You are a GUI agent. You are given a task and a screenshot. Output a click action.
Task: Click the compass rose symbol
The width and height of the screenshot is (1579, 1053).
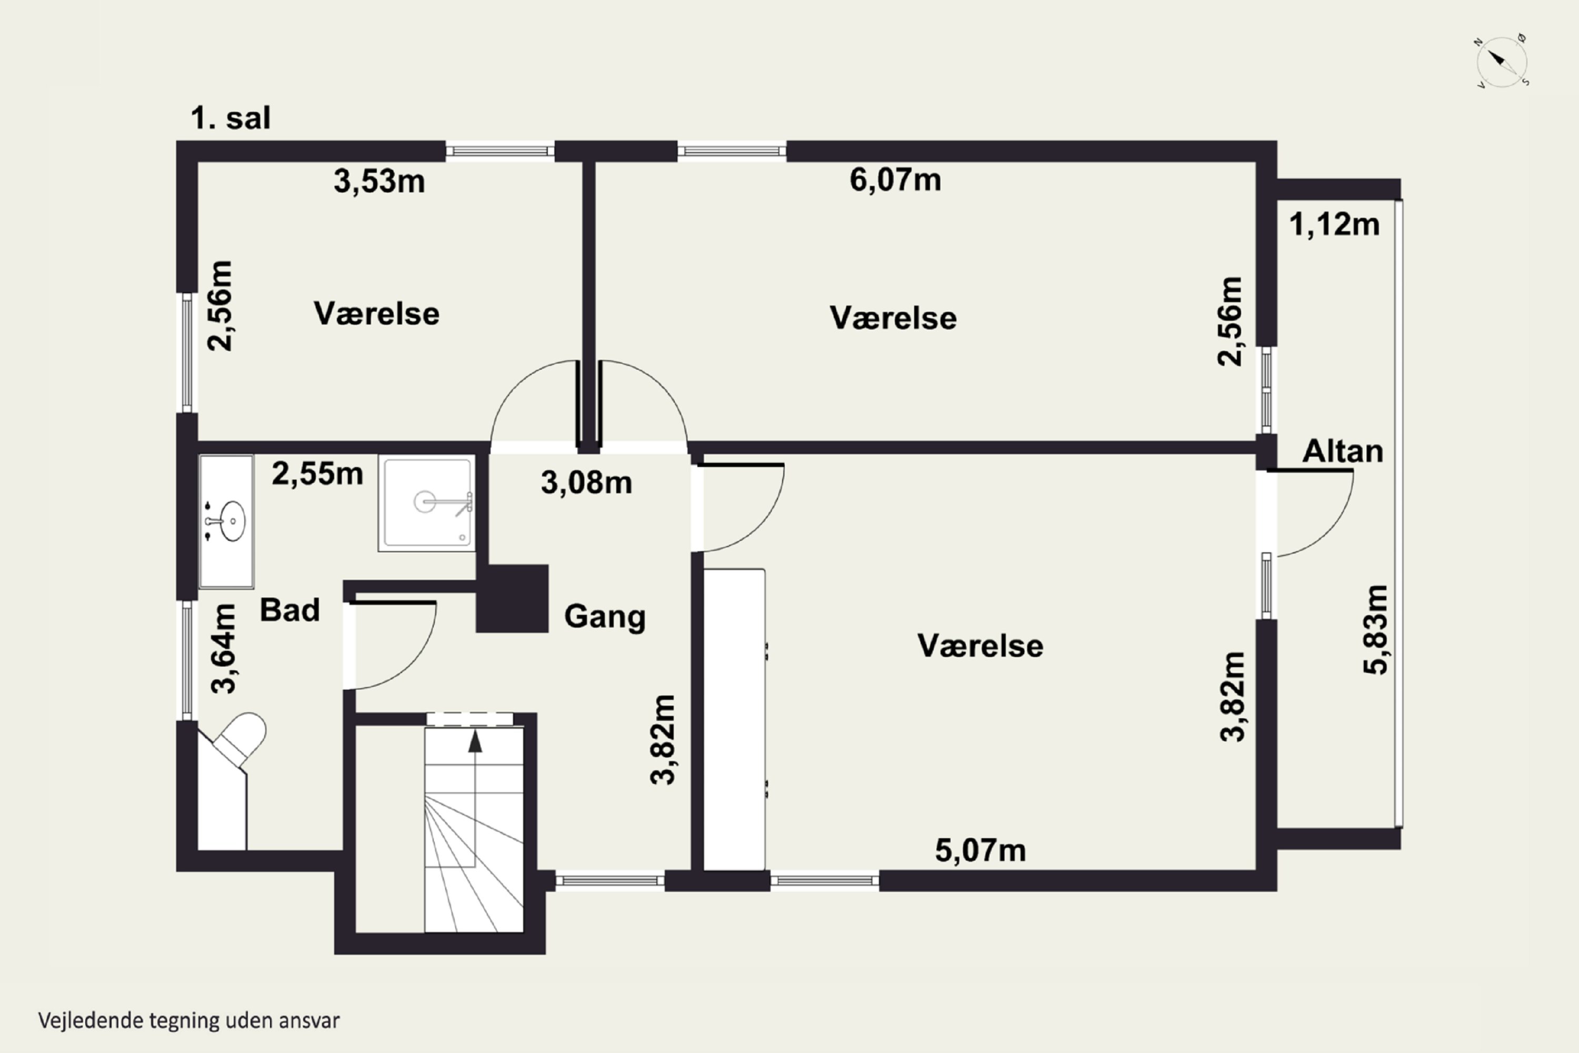[x=1503, y=62]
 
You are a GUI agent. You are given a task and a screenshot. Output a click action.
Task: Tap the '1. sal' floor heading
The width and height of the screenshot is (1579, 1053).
[x=231, y=118]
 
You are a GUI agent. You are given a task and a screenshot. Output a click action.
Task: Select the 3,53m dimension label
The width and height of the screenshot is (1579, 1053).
[x=379, y=181]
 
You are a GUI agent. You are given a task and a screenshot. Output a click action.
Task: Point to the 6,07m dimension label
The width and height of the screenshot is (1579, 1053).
[x=896, y=180]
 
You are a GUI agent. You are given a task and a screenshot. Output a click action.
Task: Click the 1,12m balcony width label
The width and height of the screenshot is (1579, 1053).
[x=1335, y=224]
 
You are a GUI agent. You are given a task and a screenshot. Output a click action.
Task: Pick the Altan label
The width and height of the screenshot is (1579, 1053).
[x=1343, y=451]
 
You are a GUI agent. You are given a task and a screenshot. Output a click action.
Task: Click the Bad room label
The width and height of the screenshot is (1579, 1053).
[x=289, y=610]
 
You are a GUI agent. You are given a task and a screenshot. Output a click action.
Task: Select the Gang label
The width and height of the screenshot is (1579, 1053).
[x=605, y=617]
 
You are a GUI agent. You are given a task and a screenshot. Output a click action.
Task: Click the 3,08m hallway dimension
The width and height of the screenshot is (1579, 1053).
[x=587, y=483]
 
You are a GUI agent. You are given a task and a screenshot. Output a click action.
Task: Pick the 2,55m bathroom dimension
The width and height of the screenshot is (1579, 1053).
[x=317, y=474]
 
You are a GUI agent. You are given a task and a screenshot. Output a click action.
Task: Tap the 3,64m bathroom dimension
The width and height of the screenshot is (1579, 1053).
[x=224, y=648]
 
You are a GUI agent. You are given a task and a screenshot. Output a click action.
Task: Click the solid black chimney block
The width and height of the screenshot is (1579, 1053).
[x=512, y=598]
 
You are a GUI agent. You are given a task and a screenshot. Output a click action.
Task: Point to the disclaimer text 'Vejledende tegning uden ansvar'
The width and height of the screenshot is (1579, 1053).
[x=188, y=1021]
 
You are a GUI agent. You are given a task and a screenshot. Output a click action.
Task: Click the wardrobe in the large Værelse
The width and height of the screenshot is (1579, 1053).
[x=734, y=719]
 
